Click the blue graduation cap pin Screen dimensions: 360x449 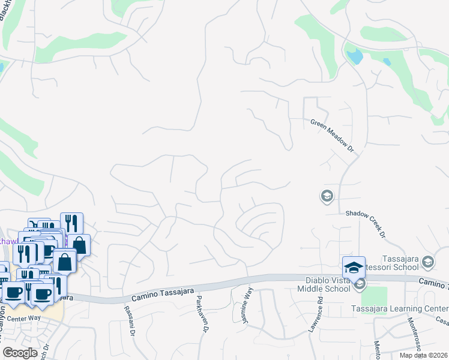(x=354, y=266)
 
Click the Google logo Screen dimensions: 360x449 (x=20, y=352)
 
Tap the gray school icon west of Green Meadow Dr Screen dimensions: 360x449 (x=327, y=196)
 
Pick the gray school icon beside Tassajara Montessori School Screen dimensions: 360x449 (x=428, y=261)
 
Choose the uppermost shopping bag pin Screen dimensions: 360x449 (x=79, y=244)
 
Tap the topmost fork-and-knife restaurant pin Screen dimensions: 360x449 (x=71, y=223)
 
